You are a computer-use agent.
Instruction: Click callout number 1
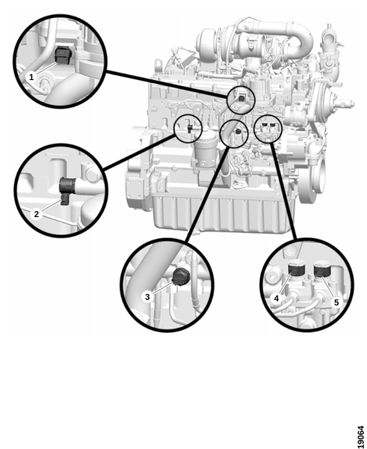(31, 77)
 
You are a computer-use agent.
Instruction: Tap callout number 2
(37, 214)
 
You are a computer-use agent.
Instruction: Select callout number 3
(147, 296)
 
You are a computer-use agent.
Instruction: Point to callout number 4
(277, 299)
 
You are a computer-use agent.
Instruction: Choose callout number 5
(336, 302)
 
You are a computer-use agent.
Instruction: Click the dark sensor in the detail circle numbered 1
(61, 55)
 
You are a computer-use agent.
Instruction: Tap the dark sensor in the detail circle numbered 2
(67, 189)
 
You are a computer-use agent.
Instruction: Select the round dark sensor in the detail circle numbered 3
(179, 277)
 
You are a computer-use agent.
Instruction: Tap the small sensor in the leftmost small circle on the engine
(190, 128)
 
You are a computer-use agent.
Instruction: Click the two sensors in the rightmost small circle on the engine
(268, 125)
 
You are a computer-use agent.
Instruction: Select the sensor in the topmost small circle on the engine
(241, 99)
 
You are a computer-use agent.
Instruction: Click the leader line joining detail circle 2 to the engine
(139, 153)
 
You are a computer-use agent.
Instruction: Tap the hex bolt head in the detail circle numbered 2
(89, 174)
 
